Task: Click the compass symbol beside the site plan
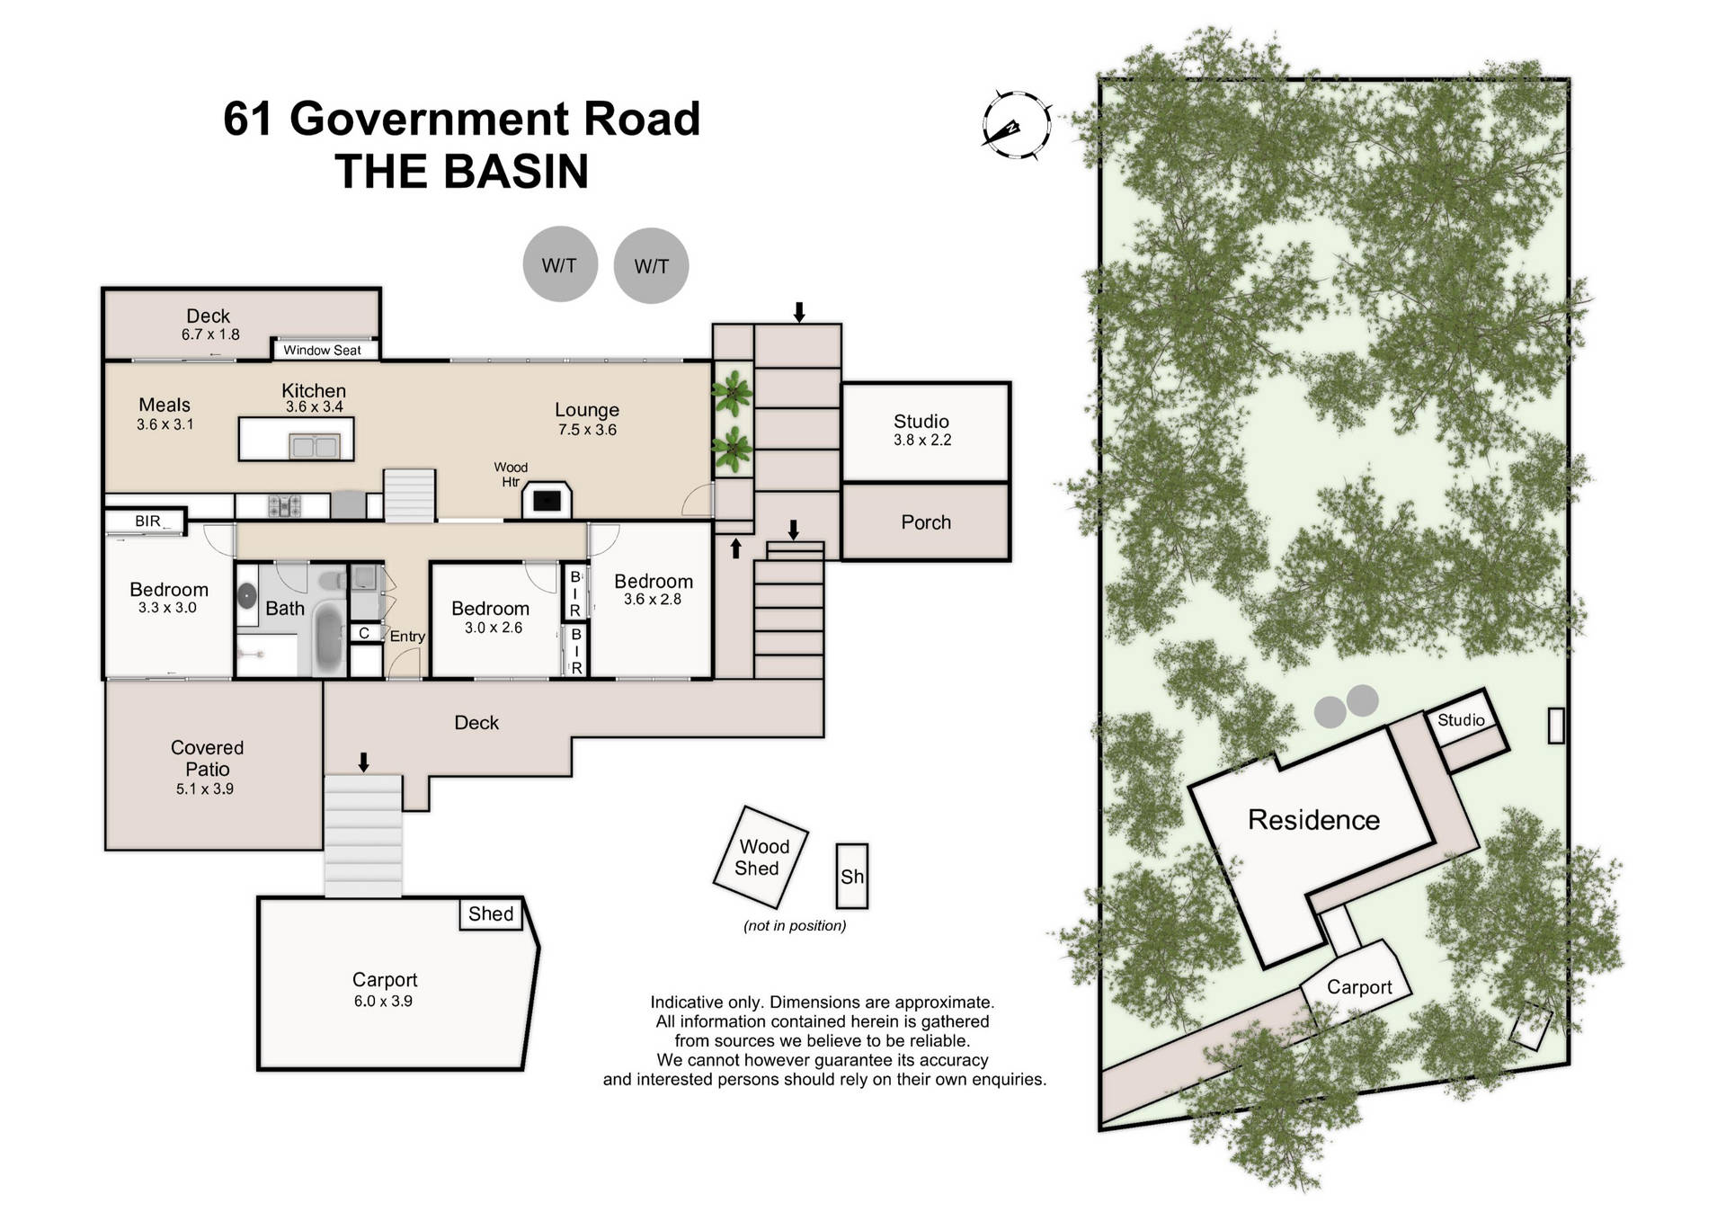[1017, 127]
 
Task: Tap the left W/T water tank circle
[560, 264]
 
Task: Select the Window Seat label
[322, 351]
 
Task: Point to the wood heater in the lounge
[547, 500]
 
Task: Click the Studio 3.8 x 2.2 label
[921, 430]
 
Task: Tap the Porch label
[925, 522]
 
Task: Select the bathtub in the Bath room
[328, 637]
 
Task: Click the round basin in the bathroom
[247, 595]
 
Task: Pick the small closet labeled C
[364, 633]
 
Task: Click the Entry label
[407, 637]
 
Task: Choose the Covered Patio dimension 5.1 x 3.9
[205, 789]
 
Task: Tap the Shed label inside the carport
[491, 914]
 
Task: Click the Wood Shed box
[761, 857]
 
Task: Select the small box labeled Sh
[851, 876]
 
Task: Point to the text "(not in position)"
[795, 926]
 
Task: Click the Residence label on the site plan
[1313, 820]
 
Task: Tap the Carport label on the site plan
[1358, 987]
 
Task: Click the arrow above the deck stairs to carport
[363, 762]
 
